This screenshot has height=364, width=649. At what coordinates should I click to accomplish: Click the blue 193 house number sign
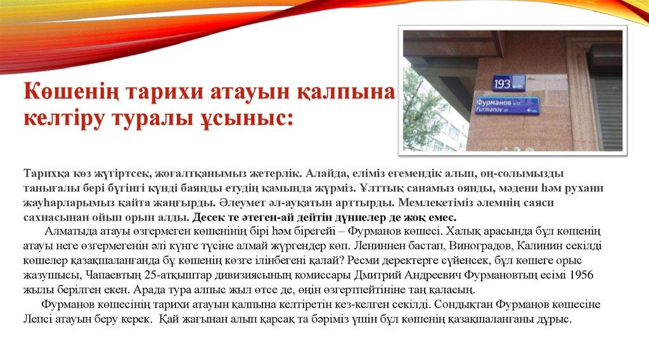coord(509,82)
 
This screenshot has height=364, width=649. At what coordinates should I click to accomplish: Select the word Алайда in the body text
coord(328,173)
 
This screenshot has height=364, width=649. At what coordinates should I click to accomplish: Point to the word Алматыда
coord(70,231)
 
